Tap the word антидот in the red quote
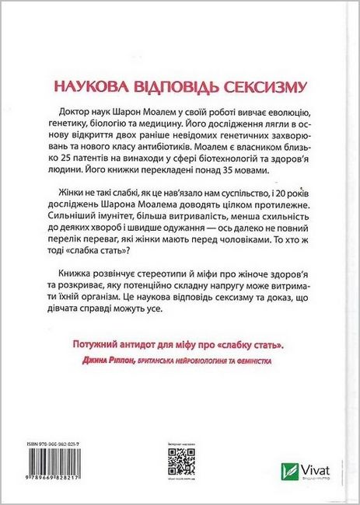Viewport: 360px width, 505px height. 138,343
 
